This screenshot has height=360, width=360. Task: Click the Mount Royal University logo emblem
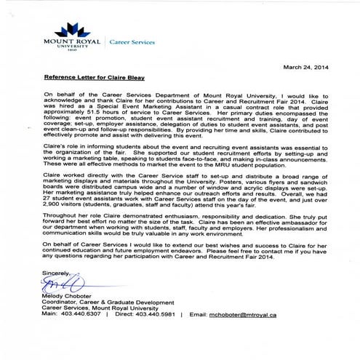coord(69,30)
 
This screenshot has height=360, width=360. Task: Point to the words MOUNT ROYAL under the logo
coord(68,44)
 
